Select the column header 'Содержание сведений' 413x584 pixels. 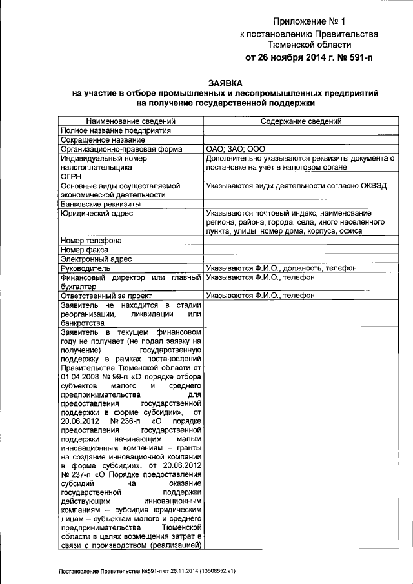tap(301, 121)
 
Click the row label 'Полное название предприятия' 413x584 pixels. tap(116, 130)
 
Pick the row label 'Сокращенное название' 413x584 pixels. tap(102, 139)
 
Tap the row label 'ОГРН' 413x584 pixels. tap(70, 176)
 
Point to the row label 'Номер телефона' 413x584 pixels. tap(91, 241)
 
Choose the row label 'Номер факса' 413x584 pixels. tap(84, 250)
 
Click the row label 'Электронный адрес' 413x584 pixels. tap(96, 259)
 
